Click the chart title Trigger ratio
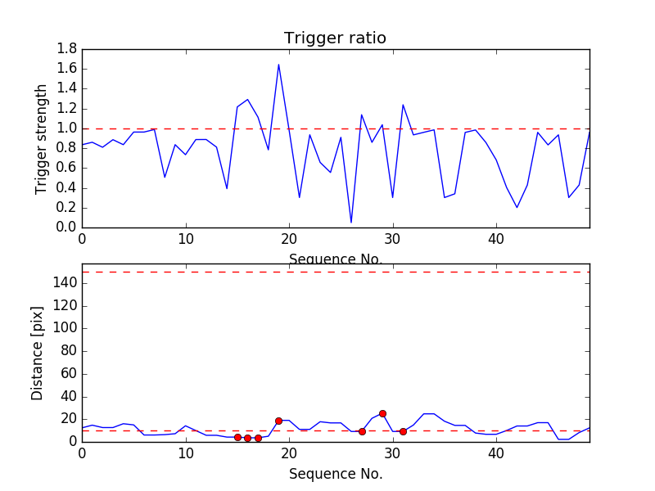(335, 38)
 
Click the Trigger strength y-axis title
(42, 138)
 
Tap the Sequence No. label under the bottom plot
(336, 474)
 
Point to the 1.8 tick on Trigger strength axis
(67, 49)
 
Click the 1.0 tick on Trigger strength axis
(67, 128)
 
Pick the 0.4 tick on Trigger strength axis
(67, 187)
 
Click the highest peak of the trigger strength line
(278, 65)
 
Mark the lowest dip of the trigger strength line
(351, 222)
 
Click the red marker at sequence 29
(382, 413)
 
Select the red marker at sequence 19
(278, 421)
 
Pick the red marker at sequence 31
(403, 431)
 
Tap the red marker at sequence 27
(362, 431)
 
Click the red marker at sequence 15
(237, 437)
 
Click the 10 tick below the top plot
(186, 239)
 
